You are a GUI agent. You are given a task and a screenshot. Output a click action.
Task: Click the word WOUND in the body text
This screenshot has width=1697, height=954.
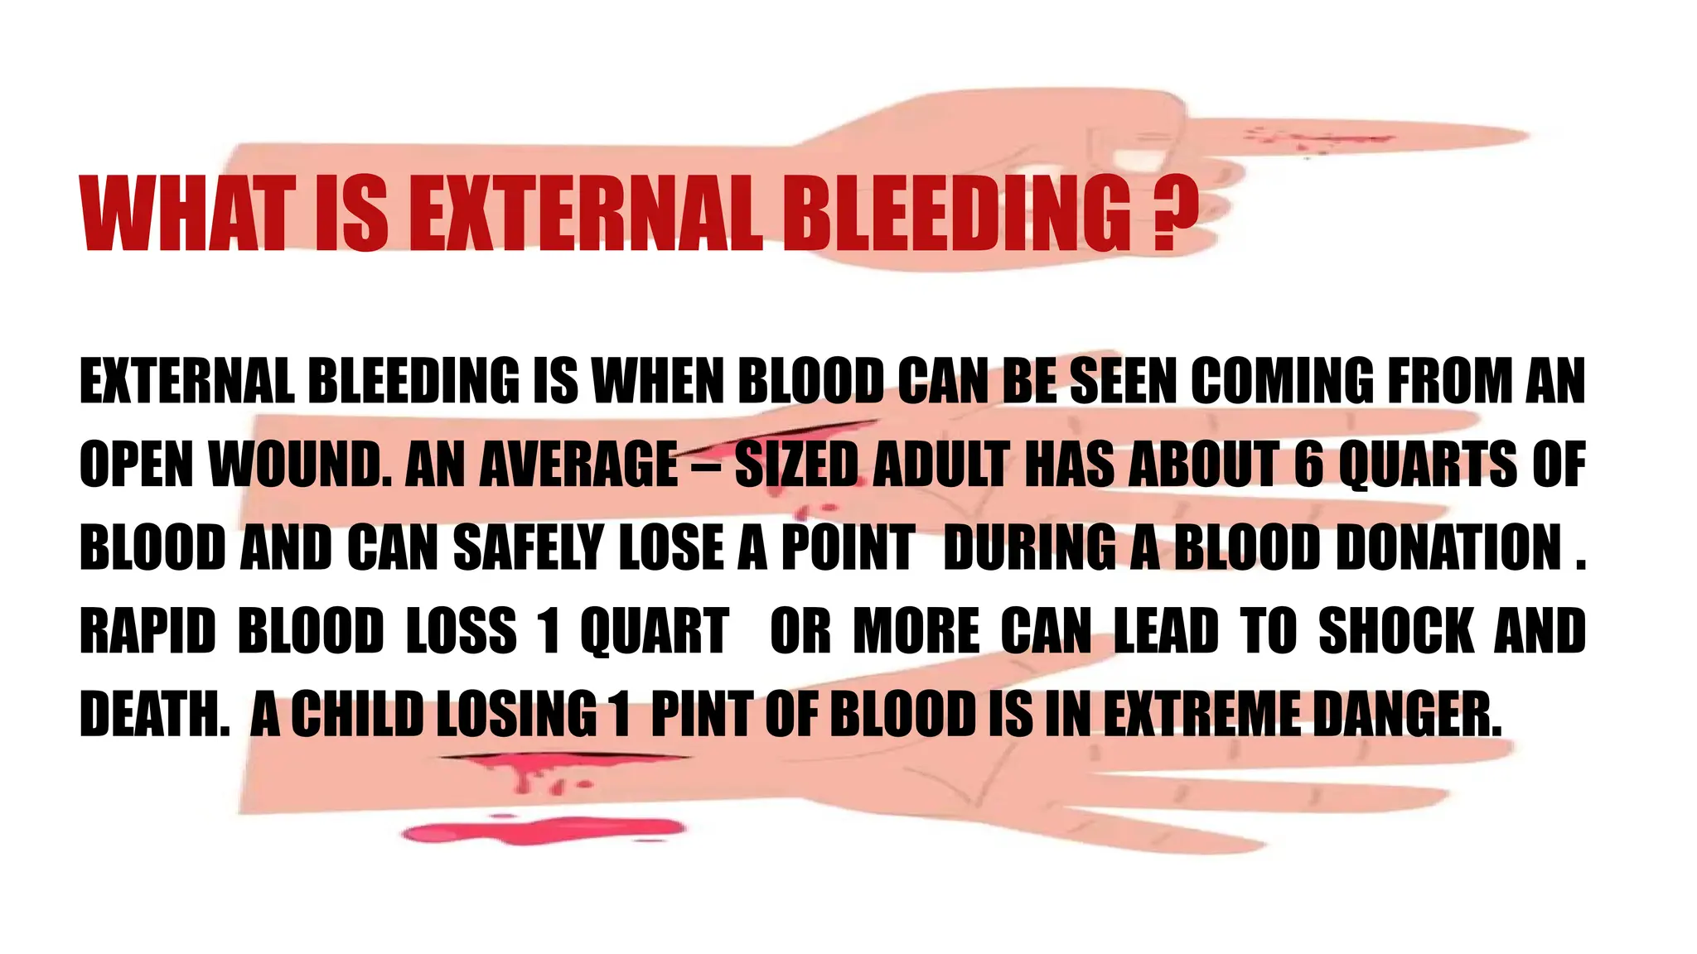click(298, 465)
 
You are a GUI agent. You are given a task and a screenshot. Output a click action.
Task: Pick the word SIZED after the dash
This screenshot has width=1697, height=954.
click(795, 465)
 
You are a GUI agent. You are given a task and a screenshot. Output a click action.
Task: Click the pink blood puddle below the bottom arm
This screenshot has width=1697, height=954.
click(543, 830)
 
